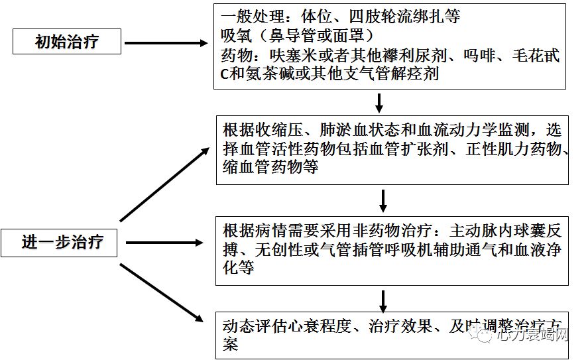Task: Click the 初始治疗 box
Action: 67,42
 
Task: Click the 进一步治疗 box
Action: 62,242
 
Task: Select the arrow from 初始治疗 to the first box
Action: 166,43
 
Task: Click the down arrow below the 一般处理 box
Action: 380,103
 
